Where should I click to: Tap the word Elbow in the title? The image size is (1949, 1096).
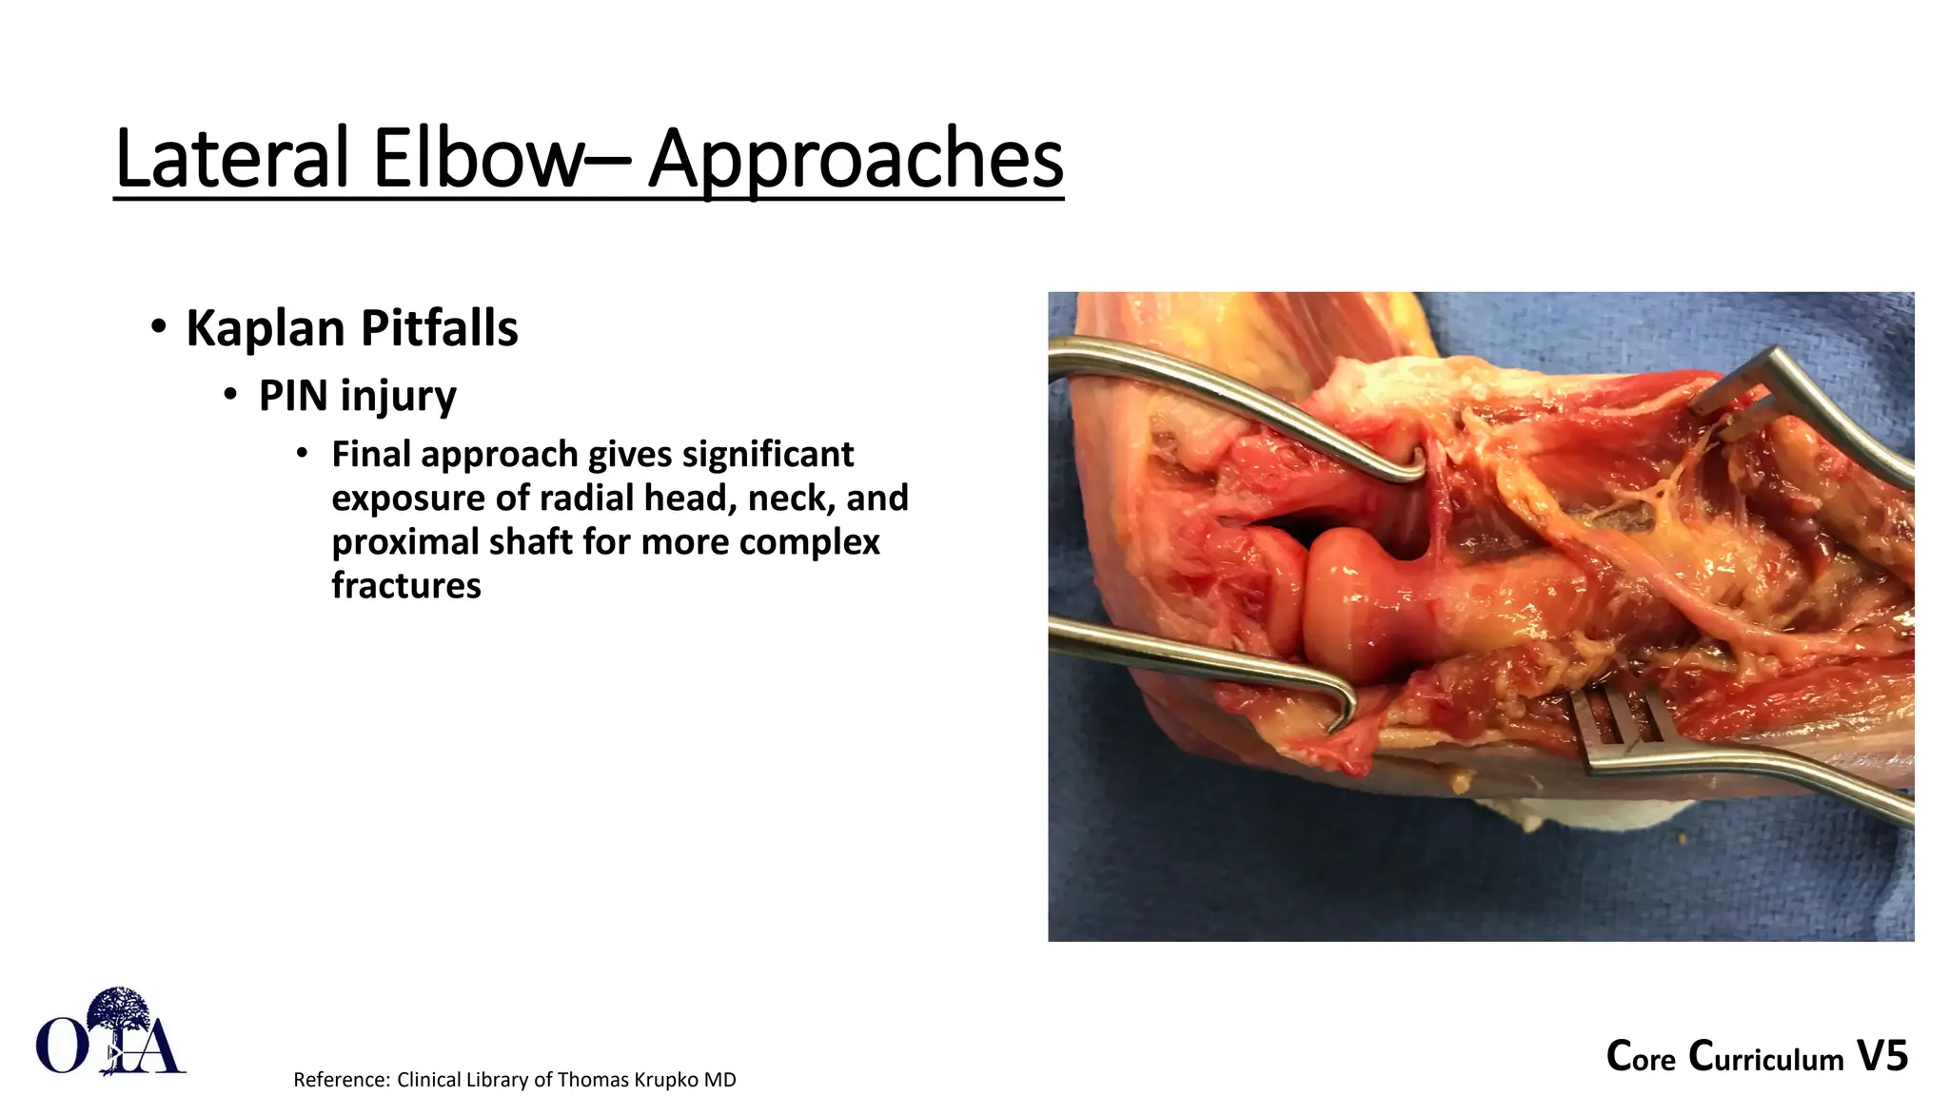pos(476,159)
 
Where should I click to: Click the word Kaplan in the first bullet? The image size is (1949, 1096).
pos(266,328)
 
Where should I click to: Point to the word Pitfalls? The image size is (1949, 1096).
pos(439,328)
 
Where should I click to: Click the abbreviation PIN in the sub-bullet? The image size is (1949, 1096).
pos(293,396)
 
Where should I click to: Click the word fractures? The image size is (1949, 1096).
pos(406,585)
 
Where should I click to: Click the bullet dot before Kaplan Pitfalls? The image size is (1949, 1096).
pos(159,327)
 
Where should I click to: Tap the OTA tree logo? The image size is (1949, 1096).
pos(111,1033)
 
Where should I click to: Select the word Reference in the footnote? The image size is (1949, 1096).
pos(340,1080)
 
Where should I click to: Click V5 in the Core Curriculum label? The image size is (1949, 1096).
pos(1881,1056)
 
